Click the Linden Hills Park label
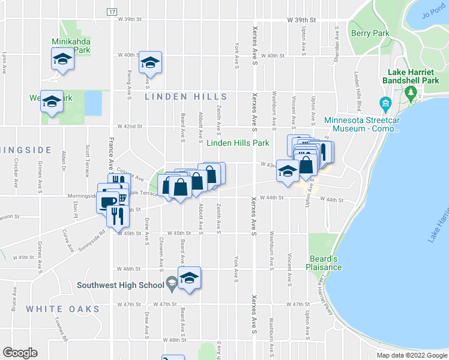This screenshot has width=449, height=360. (x=238, y=143)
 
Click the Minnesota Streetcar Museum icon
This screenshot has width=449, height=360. (x=384, y=103)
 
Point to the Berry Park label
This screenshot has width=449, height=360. (x=370, y=34)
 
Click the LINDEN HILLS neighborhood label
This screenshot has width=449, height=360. (x=187, y=97)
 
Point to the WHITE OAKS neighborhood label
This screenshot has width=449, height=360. (x=62, y=309)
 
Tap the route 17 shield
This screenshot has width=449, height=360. (x=112, y=11)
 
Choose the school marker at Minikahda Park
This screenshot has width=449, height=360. (x=62, y=59)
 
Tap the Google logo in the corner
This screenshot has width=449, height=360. (x=19, y=353)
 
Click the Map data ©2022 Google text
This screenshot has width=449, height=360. (x=411, y=355)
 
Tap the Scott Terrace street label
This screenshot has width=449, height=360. (x=88, y=157)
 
